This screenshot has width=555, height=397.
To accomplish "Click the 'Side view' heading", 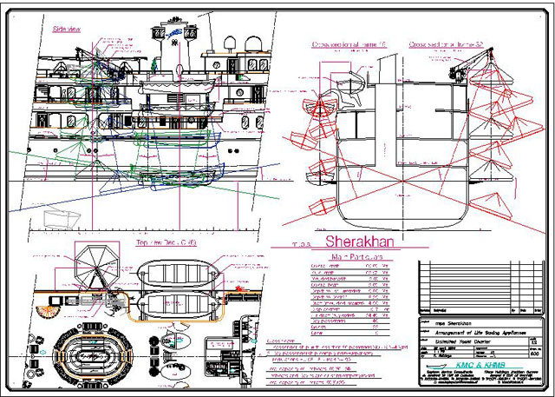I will pyautogui.click(x=67, y=29).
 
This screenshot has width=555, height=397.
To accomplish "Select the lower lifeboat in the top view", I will pyautogui.click(x=179, y=306).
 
